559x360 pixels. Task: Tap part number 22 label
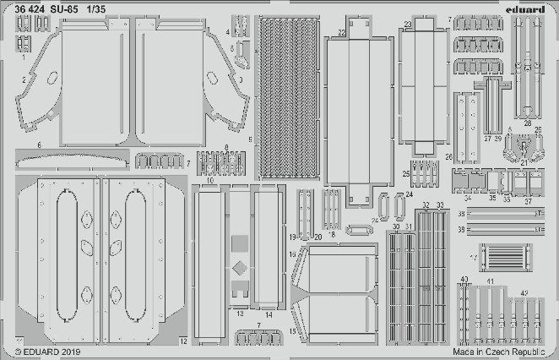coord(342,33)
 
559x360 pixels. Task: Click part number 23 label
coord(407,25)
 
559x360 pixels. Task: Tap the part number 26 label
coord(448,157)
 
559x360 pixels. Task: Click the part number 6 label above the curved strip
coord(39,145)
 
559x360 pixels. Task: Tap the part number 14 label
coord(269,314)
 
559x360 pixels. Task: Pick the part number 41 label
coord(491,280)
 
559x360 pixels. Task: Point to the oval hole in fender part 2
coord(52,78)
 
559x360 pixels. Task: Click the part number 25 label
coord(406,174)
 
